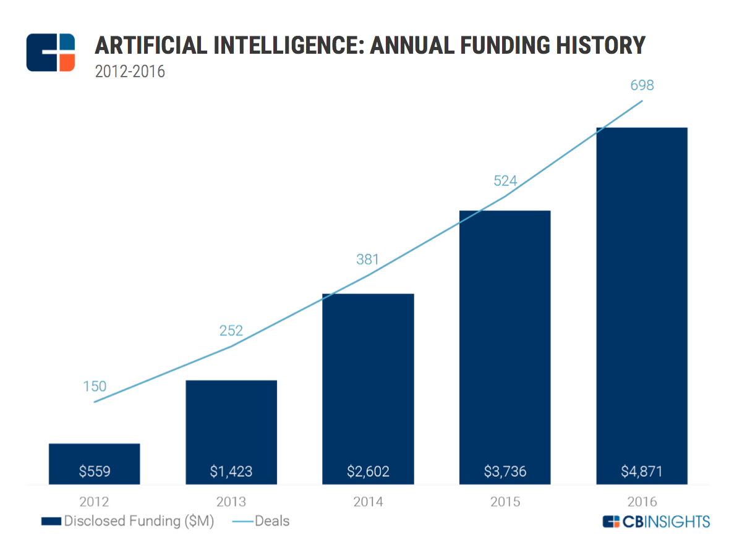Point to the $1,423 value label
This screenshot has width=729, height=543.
pyautogui.click(x=231, y=472)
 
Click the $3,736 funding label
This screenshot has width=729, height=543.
pyautogui.click(x=505, y=472)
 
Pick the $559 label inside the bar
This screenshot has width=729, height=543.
pyautogui.click(x=95, y=472)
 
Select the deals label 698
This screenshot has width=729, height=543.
pyautogui.click(x=642, y=86)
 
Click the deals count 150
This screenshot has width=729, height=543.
pyautogui.click(x=95, y=387)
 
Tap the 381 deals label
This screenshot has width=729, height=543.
pyautogui.click(x=367, y=259)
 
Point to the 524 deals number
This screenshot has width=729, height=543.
pyautogui.click(x=505, y=181)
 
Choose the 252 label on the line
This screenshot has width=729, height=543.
pyautogui.click(x=231, y=330)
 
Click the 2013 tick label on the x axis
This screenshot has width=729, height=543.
pyautogui.click(x=231, y=502)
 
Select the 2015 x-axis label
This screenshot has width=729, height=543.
pyautogui.click(x=505, y=502)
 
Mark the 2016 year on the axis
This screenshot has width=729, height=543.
pyautogui.click(x=642, y=502)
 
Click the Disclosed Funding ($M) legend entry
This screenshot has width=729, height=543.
pyautogui.click(x=127, y=521)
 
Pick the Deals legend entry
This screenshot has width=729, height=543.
pyautogui.click(x=261, y=521)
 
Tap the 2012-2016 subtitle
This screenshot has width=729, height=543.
pyautogui.click(x=130, y=72)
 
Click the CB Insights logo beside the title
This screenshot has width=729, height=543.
pyautogui.click(x=51, y=53)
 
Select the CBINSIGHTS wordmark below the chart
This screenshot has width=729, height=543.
pyautogui.click(x=656, y=521)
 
